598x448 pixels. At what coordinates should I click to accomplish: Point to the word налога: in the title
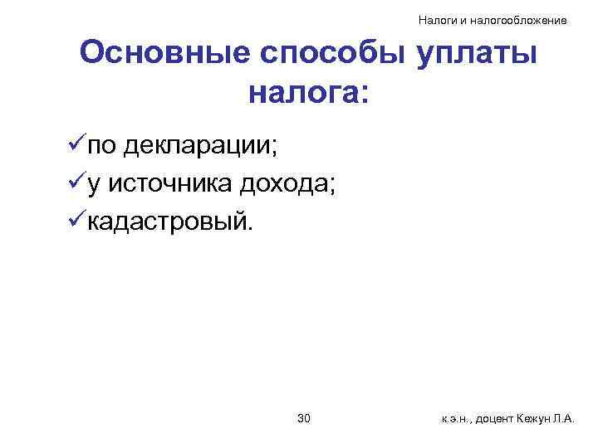pos(307,92)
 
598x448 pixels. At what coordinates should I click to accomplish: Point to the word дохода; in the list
pos(287,184)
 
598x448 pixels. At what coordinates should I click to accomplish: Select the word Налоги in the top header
pos(434,19)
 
